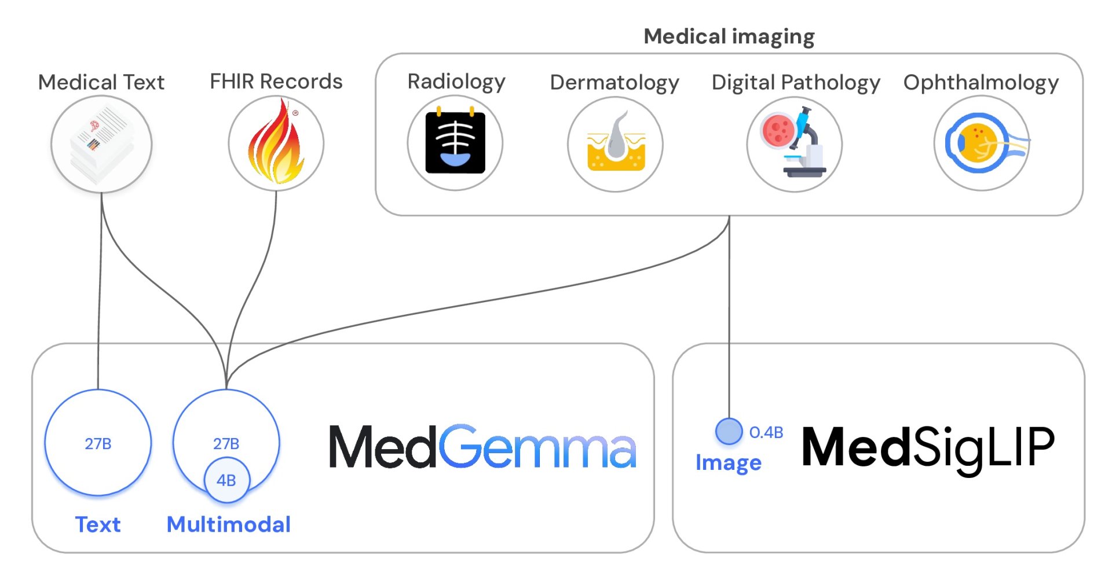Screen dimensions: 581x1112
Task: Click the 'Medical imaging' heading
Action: coord(729,36)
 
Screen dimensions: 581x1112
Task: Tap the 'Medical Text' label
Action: coord(101,82)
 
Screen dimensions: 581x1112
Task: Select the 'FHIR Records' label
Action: coord(276,82)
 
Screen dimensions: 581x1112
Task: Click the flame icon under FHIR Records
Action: coord(276,144)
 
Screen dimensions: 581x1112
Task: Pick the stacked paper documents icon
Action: coord(101,144)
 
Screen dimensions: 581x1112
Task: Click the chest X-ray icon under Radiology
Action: coord(455,143)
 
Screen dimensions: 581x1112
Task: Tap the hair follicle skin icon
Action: coord(616,144)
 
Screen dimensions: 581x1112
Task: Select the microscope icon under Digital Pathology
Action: coord(795,144)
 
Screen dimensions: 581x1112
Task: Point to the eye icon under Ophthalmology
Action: coord(982,144)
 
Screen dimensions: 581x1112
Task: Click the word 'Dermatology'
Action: coord(614,83)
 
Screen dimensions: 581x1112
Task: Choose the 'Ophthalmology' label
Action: coord(981,83)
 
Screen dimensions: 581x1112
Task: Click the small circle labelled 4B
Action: coord(226,480)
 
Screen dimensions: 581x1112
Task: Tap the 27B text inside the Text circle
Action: coord(98,444)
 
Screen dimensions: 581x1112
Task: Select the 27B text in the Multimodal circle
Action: coord(226,444)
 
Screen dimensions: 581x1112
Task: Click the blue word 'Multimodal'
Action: coord(229,524)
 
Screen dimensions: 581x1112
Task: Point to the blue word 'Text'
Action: coord(98,524)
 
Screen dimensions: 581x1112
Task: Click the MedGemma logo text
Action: coord(482,447)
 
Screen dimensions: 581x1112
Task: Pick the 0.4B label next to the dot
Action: coord(766,432)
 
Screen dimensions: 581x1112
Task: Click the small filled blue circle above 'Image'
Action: coord(729,431)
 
